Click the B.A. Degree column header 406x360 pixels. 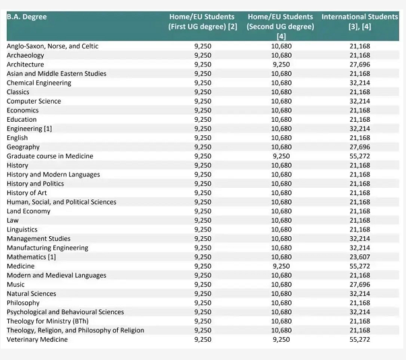[x=27, y=17]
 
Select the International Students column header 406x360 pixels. [x=360, y=22]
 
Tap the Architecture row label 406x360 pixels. [x=26, y=65]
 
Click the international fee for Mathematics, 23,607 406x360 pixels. [x=360, y=257]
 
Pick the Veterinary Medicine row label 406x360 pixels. [x=37, y=340]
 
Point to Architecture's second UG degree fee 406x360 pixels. [x=281, y=65]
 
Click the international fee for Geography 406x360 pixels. [x=360, y=147]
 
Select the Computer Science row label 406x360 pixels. [x=34, y=101]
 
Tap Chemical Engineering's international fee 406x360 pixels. [x=360, y=83]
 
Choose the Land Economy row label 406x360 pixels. [x=28, y=211]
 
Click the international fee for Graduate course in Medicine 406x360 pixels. [x=360, y=156]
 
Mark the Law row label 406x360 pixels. [x=13, y=221]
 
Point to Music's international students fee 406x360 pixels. [x=360, y=285]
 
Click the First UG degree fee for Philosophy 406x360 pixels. [x=203, y=303]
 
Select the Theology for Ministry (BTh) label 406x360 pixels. [x=48, y=321]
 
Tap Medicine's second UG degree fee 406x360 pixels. [x=281, y=266]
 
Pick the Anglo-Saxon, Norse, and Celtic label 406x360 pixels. [x=53, y=46]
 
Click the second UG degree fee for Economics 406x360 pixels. [x=281, y=110]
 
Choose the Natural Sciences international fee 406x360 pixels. [x=360, y=294]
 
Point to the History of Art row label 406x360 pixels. [x=27, y=193]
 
